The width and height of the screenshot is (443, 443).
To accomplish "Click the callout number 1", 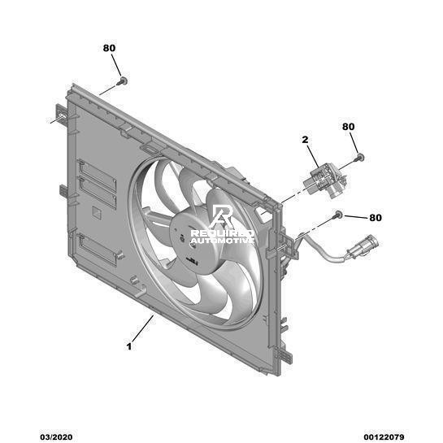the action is [129, 346].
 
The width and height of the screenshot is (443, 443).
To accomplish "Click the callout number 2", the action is [305, 140].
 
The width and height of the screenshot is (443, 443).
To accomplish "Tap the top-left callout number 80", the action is [109, 48].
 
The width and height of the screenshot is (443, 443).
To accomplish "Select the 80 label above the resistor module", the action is [349, 127].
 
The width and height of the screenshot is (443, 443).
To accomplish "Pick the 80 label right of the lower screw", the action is [376, 218].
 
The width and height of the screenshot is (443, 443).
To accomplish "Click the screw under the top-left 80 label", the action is [123, 81].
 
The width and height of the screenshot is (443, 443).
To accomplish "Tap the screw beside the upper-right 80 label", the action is [359, 158].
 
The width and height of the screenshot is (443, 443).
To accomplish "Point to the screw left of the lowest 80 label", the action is [337, 215].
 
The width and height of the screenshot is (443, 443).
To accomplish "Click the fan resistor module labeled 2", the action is [326, 181].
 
